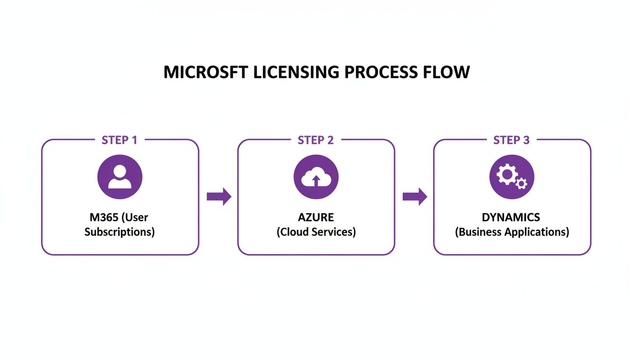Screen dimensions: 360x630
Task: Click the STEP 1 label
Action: tap(120, 140)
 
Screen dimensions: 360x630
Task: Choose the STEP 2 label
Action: tap(315, 140)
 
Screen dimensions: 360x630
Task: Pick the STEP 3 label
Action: tap(511, 140)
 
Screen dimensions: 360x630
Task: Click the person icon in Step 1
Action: tap(120, 178)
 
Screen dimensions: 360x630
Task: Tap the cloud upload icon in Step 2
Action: tap(315, 178)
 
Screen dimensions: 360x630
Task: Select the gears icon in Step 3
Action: tap(511, 178)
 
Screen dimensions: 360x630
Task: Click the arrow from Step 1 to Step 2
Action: tap(219, 196)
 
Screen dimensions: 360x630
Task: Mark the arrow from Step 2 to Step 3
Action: tap(415, 196)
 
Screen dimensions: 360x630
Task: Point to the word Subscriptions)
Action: tap(120, 232)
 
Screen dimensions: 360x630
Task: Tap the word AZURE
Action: tap(315, 217)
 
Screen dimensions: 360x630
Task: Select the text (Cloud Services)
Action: tap(315, 232)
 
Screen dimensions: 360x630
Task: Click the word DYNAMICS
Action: tap(511, 217)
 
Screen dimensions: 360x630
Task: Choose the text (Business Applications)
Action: tap(511, 232)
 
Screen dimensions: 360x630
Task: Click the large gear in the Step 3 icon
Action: tap(507, 175)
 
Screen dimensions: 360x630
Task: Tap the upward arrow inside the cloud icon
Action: tap(315, 180)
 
